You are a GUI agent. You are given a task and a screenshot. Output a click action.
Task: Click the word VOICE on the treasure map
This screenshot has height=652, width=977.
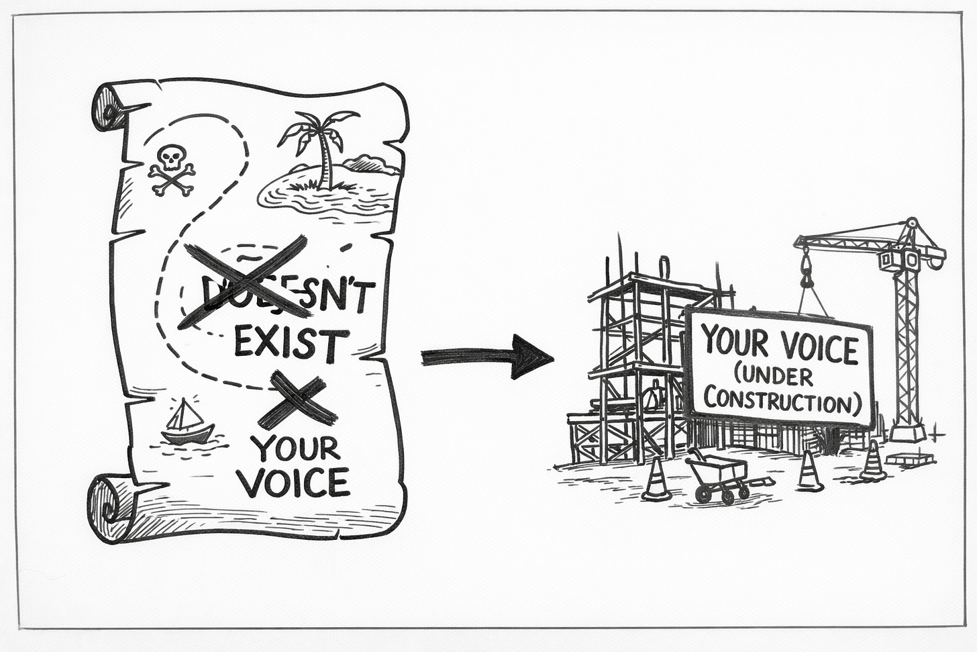295,482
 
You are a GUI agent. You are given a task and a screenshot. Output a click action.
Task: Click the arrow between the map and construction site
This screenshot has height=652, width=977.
486,356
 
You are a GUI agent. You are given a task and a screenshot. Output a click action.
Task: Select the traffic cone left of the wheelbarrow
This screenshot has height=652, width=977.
656,480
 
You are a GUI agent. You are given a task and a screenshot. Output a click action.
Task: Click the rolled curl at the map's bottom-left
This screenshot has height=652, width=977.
107,503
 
